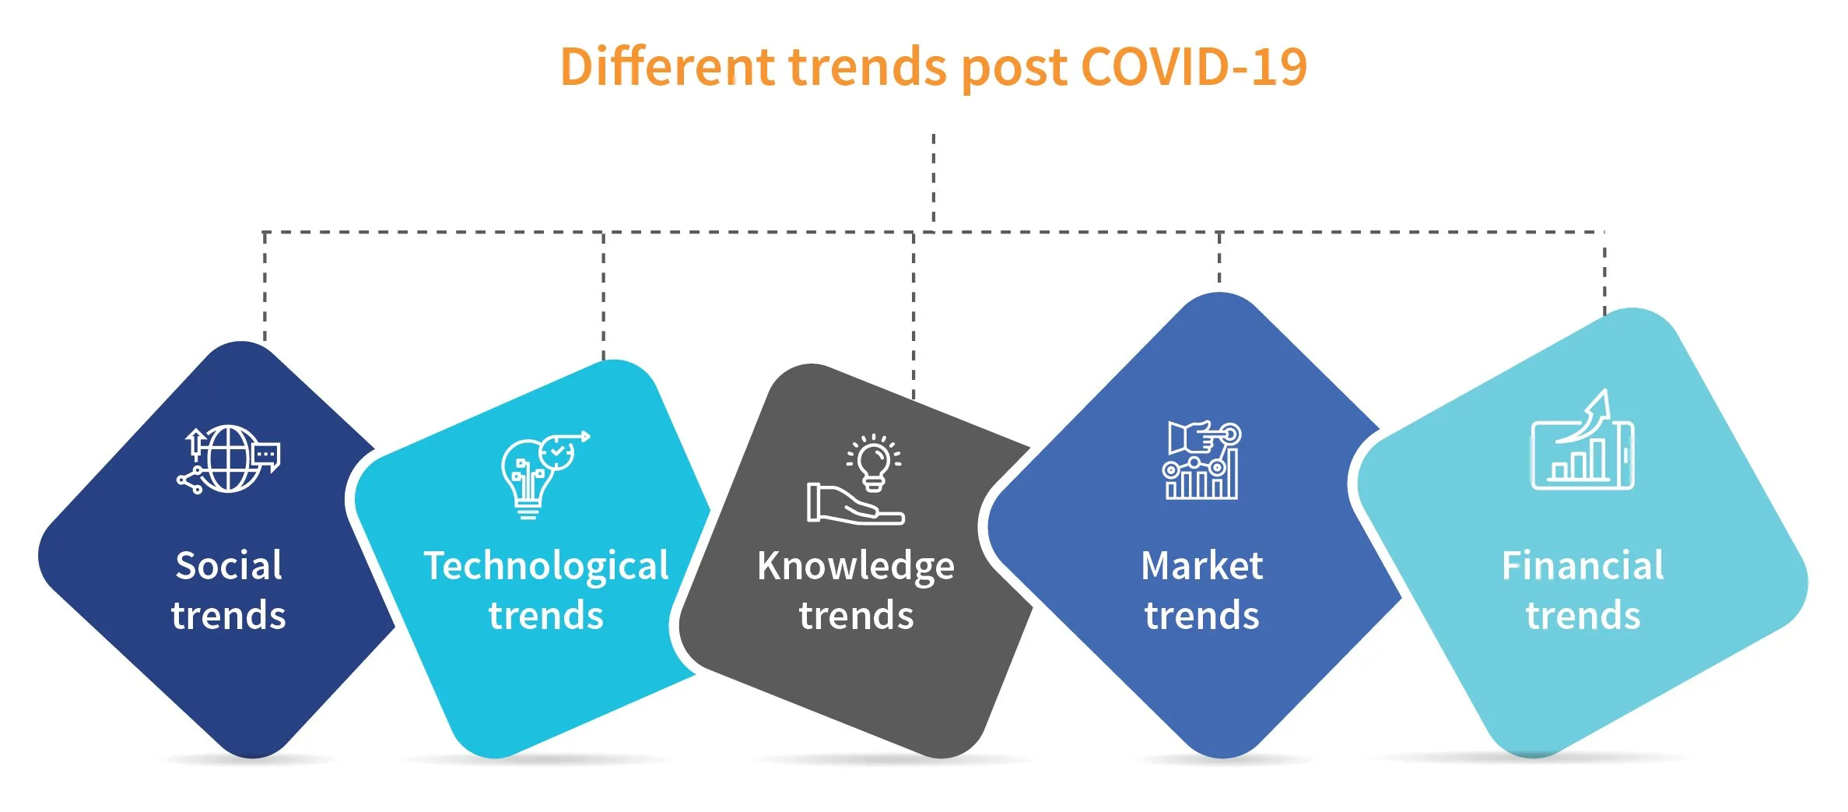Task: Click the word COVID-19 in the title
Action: [x=1194, y=67]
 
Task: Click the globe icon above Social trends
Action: [x=229, y=459]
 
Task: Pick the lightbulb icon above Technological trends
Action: [x=545, y=474]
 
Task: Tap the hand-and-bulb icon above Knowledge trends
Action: [x=856, y=480]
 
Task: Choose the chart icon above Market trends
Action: [x=1202, y=460]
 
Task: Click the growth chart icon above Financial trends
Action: [x=1583, y=440]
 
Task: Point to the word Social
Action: [x=229, y=565]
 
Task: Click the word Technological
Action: [x=546, y=567]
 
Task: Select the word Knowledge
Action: [x=856, y=567]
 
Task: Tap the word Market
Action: [x=1202, y=565]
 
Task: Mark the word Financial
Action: [x=1583, y=565]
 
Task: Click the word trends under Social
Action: [x=229, y=615]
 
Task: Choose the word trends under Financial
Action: [x=1583, y=615]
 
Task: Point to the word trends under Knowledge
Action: [x=856, y=615]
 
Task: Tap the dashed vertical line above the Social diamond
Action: [x=265, y=286]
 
